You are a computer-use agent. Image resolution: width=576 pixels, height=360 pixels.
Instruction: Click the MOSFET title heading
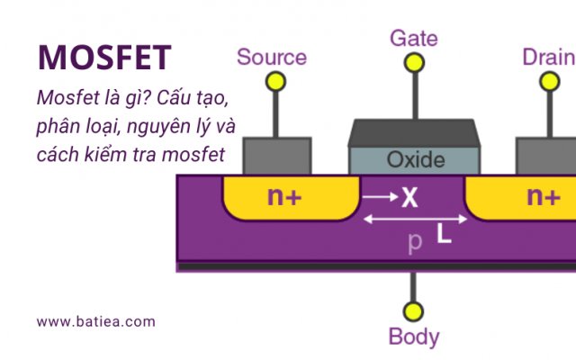pos(104,58)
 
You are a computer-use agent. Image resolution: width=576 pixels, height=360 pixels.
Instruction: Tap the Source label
pos(271,58)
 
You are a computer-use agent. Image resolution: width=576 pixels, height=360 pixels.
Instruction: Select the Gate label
pos(414,38)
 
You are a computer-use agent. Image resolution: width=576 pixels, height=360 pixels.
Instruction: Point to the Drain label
pos(548,58)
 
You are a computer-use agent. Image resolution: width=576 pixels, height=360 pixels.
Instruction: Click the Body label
pos(414,337)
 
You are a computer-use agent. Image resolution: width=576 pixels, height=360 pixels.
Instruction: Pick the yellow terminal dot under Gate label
pos(414,62)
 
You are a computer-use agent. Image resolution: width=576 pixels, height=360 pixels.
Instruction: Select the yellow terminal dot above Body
pos(413,311)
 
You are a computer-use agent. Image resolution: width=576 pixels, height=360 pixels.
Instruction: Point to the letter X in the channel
pos(409,197)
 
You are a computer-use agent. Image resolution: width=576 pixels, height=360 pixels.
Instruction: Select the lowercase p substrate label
pos(415,242)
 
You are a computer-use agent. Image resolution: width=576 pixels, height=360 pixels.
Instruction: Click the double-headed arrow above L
pos(415,219)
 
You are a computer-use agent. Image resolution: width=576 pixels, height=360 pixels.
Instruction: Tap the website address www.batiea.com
pos(96,321)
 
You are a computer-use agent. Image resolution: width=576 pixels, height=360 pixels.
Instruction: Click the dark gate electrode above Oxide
pos(415,133)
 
